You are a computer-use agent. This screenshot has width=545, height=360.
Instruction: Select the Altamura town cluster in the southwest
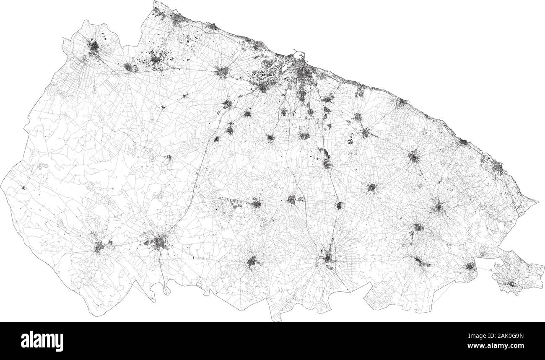(159, 242)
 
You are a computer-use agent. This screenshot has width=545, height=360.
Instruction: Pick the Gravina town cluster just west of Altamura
(100, 246)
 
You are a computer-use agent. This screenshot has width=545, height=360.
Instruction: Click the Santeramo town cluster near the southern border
(253, 262)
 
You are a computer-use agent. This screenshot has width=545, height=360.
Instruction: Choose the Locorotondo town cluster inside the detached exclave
(510, 284)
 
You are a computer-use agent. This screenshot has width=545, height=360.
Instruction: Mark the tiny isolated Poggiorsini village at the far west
(24, 187)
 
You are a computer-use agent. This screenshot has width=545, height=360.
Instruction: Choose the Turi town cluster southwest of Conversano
(371, 187)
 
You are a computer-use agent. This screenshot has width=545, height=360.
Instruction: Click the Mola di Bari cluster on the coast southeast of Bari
(401, 102)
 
